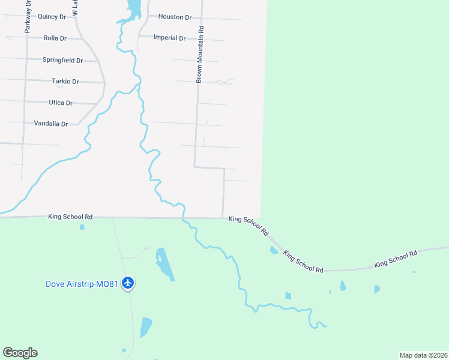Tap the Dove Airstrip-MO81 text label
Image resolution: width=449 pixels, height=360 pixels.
tap(82, 283)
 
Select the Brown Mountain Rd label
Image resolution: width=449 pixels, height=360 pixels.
tap(200, 54)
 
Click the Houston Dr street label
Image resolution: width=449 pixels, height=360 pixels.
tap(175, 17)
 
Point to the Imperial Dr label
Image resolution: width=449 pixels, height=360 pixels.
tap(169, 38)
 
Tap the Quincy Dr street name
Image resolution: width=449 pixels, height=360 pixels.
tap(51, 17)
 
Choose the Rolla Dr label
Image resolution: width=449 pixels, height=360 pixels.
tap(55, 38)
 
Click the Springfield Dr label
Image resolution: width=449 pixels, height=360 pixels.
tap(62, 60)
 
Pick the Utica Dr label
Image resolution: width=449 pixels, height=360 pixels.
tap(61, 103)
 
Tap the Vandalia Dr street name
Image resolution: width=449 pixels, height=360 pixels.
tap(51, 124)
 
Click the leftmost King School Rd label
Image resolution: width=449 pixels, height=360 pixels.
tap(70, 217)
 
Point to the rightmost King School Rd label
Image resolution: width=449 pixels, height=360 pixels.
tap(396, 259)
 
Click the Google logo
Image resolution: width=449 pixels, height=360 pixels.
tap(20, 353)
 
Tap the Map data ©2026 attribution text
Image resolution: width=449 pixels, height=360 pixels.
tap(423, 355)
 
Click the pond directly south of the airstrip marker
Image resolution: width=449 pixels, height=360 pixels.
tap(146, 327)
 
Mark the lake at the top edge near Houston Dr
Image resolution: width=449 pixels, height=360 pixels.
tap(133, 8)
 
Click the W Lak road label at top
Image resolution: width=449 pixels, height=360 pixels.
tap(74, 8)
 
